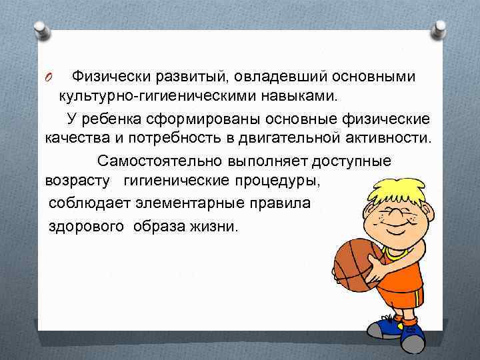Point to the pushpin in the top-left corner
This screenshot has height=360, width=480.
40,28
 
